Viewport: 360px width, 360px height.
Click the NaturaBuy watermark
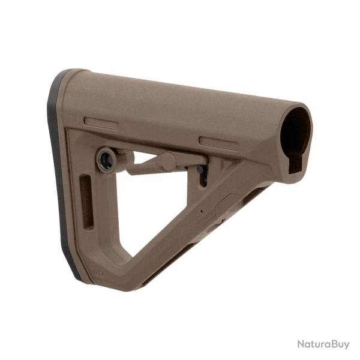pyautogui.click(x=323, y=344)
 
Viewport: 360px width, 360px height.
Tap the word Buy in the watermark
pyautogui.click(x=339, y=344)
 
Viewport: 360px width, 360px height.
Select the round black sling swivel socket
pyautogui.click(x=106, y=159)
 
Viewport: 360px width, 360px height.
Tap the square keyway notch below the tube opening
pyautogui.click(x=295, y=164)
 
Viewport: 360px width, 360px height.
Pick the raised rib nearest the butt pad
pyautogui.click(x=101, y=123)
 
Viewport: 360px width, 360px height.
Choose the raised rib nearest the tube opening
pyautogui.click(x=218, y=143)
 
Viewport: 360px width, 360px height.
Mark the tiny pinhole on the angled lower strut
pyautogui.click(x=202, y=211)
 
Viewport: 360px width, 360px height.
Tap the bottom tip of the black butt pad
pyautogui.click(x=77, y=278)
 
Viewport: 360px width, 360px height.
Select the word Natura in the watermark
pyautogui.click(x=313, y=344)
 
